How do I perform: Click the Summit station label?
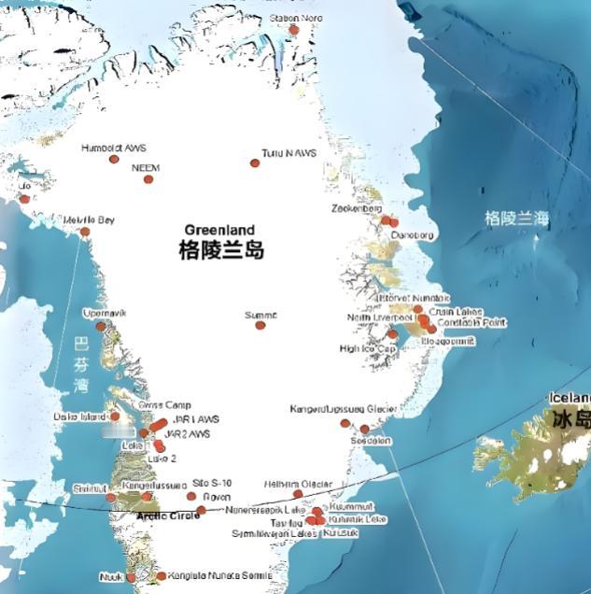260,315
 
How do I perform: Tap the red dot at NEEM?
148,178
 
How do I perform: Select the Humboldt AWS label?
114,148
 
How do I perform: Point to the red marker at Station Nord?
294,30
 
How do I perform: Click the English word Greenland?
219,230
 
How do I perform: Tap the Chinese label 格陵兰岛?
221,250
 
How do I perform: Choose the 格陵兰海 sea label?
516,219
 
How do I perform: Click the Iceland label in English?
570,396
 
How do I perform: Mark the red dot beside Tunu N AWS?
254,163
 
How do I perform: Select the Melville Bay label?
89,219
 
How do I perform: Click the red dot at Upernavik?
101,327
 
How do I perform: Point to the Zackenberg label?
357,208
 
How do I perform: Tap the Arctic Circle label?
168,516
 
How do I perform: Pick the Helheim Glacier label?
299,483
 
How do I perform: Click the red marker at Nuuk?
131,577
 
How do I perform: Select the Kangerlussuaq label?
149,486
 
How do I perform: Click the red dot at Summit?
260,325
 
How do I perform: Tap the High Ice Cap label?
368,348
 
